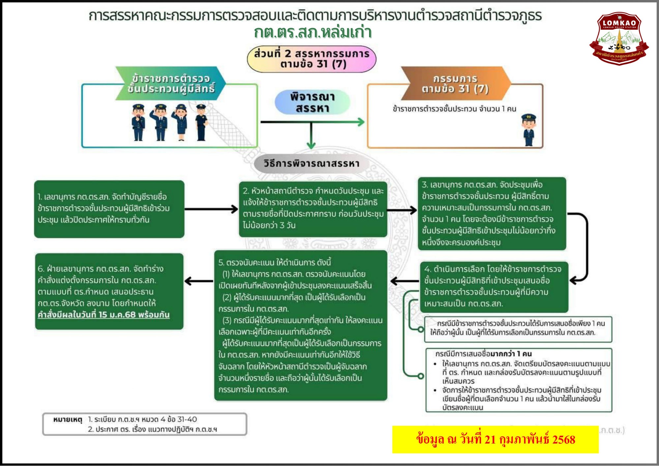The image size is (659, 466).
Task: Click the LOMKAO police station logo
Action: tap(619, 38)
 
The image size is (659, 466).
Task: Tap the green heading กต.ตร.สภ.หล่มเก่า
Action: tap(312, 32)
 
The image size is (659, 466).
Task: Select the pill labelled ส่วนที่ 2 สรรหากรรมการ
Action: tap(311, 59)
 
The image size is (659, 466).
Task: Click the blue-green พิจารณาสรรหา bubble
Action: tap(312, 102)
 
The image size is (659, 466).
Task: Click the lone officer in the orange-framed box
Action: tap(529, 130)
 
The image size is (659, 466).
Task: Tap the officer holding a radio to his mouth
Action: tap(138, 122)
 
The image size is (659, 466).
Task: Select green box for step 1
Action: tap(109, 209)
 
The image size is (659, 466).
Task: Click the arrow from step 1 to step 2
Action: tap(211, 209)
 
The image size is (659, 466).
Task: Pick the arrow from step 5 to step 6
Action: tap(199, 281)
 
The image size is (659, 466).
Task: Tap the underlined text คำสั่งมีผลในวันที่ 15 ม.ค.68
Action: tap(103, 315)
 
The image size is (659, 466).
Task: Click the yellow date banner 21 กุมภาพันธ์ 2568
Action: tap(495, 439)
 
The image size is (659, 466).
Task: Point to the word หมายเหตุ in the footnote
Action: tap(68, 420)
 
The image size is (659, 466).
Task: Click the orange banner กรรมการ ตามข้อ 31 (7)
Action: tap(455, 83)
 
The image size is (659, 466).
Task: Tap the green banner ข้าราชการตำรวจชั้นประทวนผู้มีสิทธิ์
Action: tap(171, 83)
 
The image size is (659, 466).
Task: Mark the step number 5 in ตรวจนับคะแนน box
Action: tap(221, 263)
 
